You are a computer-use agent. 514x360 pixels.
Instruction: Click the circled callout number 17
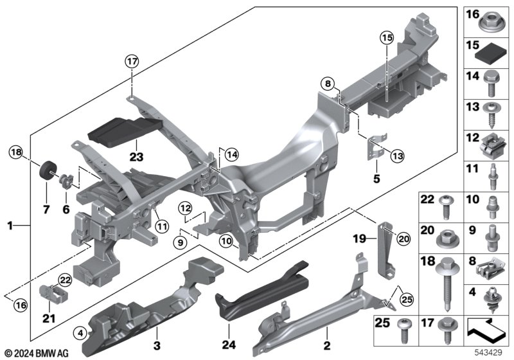click(132, 62)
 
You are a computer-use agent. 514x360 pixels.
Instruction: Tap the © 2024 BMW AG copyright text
click(37, 353)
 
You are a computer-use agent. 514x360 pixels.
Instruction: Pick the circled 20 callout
click(403, 238)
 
